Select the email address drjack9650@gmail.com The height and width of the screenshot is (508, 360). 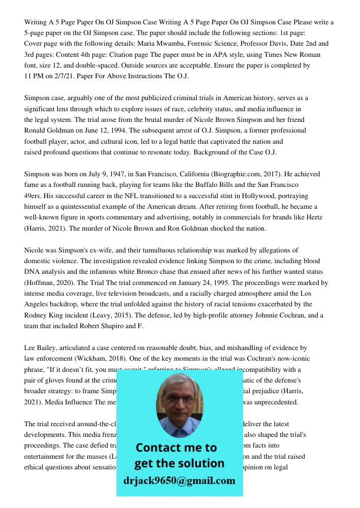click(179, 480)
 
